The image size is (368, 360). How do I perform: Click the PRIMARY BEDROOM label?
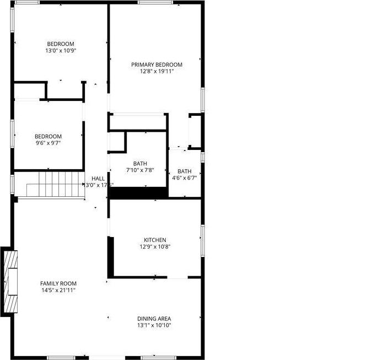pyautogui.click(x=156, y=65)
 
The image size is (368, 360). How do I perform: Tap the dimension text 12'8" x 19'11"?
pyautogui.click(x=156, y=71)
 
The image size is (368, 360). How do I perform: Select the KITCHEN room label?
pyautogui.click(x=155, y=240)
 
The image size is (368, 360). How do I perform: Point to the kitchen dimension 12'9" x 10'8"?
pyautogui.click(x=155, y=247)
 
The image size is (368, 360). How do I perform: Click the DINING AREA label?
pyautogui.click(x=154, y=319)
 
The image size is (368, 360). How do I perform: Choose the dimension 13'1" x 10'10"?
pyautogui.click(x=154, y=325)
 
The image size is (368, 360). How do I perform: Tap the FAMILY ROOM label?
pyautogui.click(x=58, y=283)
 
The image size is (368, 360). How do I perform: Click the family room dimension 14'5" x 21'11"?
pyautogui.click(x=58, y=290)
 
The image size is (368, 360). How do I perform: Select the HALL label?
pyautogui.click(x=98, y=178)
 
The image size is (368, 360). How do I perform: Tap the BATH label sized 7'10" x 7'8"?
pyautogui.click(x=140, y=164)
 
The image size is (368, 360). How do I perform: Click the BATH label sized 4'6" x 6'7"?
pyautogui.click(x=185, y=171)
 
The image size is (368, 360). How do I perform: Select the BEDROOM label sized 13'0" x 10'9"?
pyautogui.click(x=60, y=44)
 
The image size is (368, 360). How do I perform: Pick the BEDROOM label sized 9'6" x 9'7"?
pyautogui.click(x=48, y=136)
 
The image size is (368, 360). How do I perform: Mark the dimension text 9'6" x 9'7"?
pyautogui.click(x=48, y=143)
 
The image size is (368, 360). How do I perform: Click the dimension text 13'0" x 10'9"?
pyautogui.click(x=60, y=51)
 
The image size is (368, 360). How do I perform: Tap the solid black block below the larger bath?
pyautogui.click(x=139, y=193)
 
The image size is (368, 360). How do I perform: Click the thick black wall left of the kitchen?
pyautogui.click(x=110, y=256)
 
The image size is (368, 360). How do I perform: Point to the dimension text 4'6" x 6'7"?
pyautogui.click(x=185, y=178)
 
